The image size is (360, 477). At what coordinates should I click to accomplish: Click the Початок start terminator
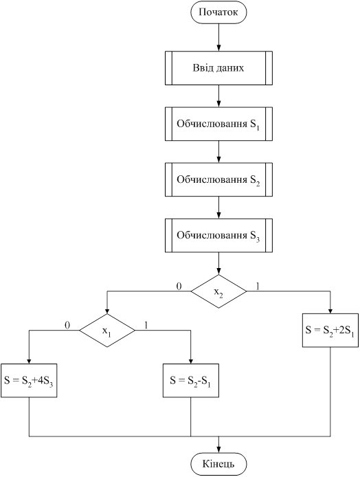[218, 12]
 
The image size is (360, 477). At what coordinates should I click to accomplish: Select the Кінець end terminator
[218, 464]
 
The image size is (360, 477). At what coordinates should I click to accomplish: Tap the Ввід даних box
[218, 68]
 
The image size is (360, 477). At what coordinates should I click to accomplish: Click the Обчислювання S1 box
[218, 124]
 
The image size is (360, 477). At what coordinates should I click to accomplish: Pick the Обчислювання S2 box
[218, 179]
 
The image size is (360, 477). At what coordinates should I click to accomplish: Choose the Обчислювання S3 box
[218, 236]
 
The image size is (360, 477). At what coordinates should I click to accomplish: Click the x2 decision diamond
[218, 291]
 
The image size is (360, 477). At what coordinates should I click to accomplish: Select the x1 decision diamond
[107, 331]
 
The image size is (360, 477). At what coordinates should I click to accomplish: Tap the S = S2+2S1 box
[330, 331]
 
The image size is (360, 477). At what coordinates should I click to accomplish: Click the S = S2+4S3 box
[29, 380]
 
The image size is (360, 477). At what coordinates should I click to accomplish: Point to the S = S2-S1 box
[190, 380]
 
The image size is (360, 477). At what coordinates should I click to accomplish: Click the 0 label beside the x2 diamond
[179, 286]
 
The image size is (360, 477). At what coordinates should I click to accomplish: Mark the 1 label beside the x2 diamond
[258, 286]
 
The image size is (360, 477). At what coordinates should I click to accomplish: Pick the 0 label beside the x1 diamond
[67, 325]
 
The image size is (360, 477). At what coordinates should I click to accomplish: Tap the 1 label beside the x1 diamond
[146, 325]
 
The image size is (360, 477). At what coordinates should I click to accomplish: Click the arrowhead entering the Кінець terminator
[218, 450]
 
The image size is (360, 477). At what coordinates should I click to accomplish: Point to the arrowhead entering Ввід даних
[218, 47]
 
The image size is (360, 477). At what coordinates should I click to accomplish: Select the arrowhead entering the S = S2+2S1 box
[330, 310]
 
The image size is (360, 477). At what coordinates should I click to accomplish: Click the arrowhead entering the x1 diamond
[107, 310]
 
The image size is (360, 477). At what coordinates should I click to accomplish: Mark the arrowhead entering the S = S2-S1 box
[190, 360]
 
